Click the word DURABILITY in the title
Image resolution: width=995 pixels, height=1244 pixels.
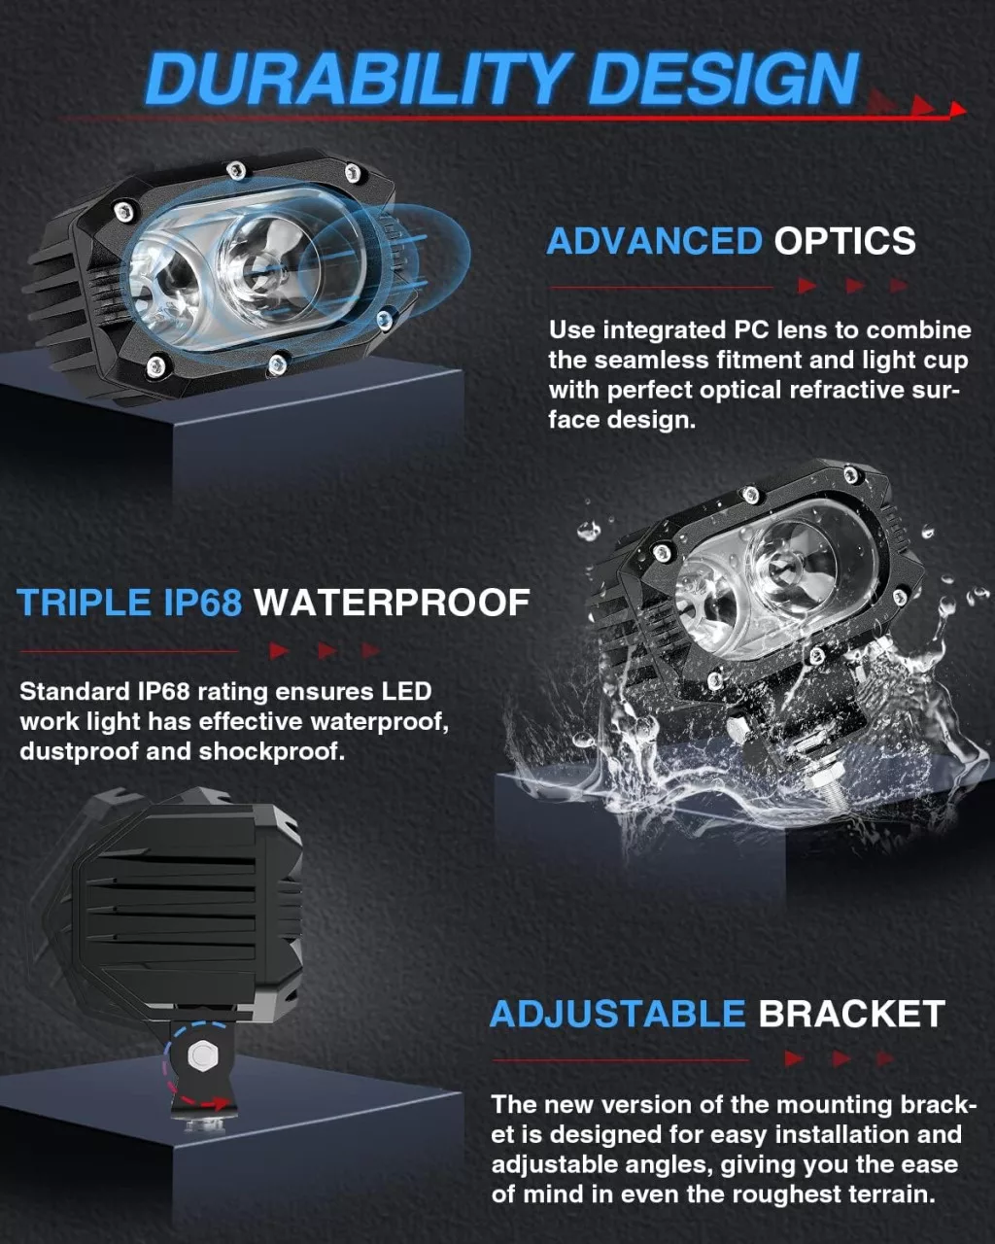[355, 79]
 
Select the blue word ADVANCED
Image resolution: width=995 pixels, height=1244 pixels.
[655, 240]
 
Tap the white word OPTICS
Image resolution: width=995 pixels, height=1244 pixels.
[844, 240]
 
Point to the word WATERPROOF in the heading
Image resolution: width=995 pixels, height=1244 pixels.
[392, 603]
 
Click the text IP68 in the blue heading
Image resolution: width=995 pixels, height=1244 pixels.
[202, 603]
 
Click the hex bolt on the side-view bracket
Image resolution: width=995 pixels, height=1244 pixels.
[203, 1055]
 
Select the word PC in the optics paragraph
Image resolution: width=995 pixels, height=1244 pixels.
[751, 330]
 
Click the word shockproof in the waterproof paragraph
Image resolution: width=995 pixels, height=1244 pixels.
[272, 751]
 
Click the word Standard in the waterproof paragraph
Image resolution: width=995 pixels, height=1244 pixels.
[75, 691]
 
